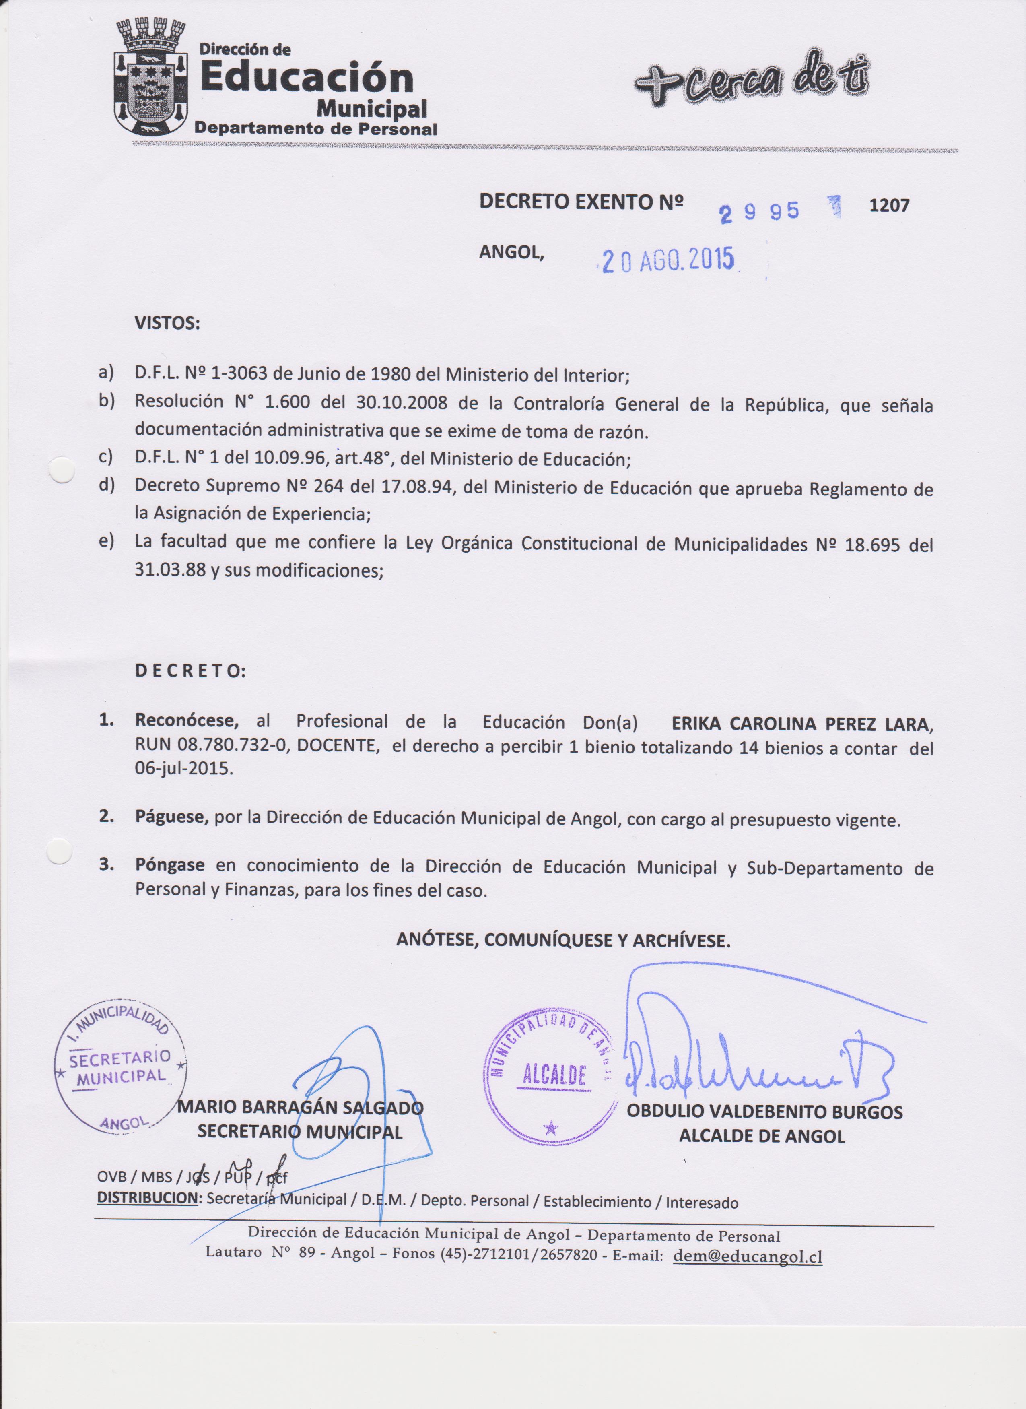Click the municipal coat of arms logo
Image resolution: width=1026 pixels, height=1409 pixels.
pos(151,78)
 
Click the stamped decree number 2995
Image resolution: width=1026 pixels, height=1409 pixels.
pos(759,212)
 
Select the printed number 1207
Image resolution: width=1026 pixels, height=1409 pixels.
pos(889,206)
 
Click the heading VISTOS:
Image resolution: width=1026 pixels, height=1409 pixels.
pos(167,324)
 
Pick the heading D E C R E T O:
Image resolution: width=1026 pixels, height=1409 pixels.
pos(190,672)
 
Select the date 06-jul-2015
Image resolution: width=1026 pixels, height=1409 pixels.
pos(184,768)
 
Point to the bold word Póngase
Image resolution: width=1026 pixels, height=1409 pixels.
pos(169,865)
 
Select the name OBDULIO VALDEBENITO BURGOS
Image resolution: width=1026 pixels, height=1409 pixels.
pos(764,1112)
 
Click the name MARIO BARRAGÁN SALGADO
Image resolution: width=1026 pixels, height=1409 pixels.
pos(300,1107)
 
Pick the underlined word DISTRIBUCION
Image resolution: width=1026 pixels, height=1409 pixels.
pos(146,1199)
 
